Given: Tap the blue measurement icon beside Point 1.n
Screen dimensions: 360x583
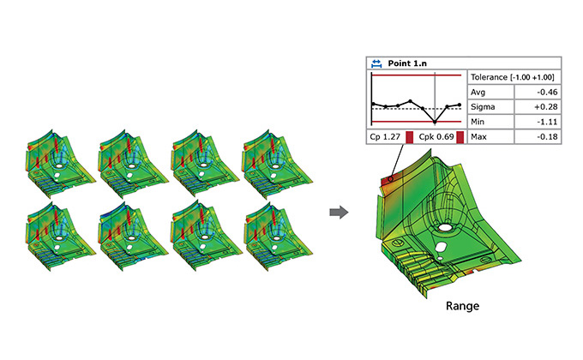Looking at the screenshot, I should click(376, 63).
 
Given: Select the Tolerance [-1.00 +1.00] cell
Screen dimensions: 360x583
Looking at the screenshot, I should click(514, 77).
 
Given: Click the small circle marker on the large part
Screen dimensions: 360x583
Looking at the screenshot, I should click(390, 179).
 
